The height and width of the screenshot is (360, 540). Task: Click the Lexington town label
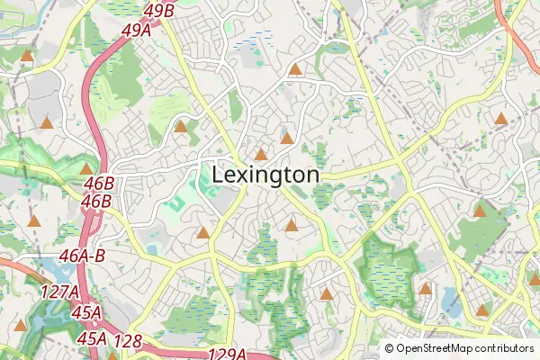[x=265, y=175]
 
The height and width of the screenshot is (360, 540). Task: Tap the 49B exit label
[x=158, y=11]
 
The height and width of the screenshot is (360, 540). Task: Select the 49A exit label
[x=136, y=31]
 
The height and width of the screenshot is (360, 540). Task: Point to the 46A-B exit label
[x=83, y=256]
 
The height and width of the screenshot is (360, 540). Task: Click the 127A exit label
[x=59, y=292]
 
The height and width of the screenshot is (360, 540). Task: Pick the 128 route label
[x=128, y=341]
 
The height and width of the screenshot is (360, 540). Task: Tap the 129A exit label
[x=227, y=355]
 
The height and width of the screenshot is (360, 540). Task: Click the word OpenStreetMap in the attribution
[x=438, y=347]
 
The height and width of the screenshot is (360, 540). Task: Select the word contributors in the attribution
[x=504, y=347]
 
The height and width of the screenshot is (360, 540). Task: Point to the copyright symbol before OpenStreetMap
[x=390, y=347]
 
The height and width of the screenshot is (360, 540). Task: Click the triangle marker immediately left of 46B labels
[x=86, y=168]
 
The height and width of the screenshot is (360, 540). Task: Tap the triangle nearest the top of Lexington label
[x=261, y=155]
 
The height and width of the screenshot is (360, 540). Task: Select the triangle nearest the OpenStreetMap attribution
[x=482, y=310]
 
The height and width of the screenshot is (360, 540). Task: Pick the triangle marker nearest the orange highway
[x=501, y=118]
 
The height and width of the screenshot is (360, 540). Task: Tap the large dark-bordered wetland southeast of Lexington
[x=387, y=265]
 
